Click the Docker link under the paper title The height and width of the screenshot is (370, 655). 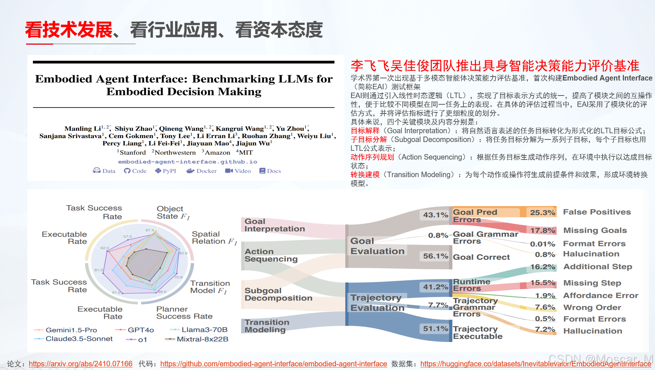click(x=202, y=171)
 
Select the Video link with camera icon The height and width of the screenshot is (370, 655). click(x=238, y=171)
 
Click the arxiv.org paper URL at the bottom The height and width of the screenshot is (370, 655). click(x=80, y=364)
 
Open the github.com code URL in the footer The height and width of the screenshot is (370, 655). click(x=273, y=364)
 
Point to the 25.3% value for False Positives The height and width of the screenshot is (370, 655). click(x=542, y=213)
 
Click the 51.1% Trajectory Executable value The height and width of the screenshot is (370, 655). click(x=435, y=329)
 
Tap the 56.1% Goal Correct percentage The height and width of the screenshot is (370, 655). click(x=435, y=256)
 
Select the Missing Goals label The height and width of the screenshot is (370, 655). click(x=595, y=231)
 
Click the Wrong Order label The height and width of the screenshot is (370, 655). click(x=592, y=308)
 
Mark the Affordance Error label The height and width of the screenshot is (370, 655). click(x=601, y=296)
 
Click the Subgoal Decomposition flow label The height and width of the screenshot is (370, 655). click(x=278, y=294)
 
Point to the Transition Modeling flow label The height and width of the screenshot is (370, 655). click(x=267, y=326)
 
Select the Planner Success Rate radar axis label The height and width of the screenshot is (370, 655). click(x=184, y=313)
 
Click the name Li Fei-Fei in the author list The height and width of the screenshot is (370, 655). click(x=164, y=143)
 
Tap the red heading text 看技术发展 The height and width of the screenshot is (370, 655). click(x=69, y=30)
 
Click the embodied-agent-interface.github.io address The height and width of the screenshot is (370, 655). click(x=187, y=162)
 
